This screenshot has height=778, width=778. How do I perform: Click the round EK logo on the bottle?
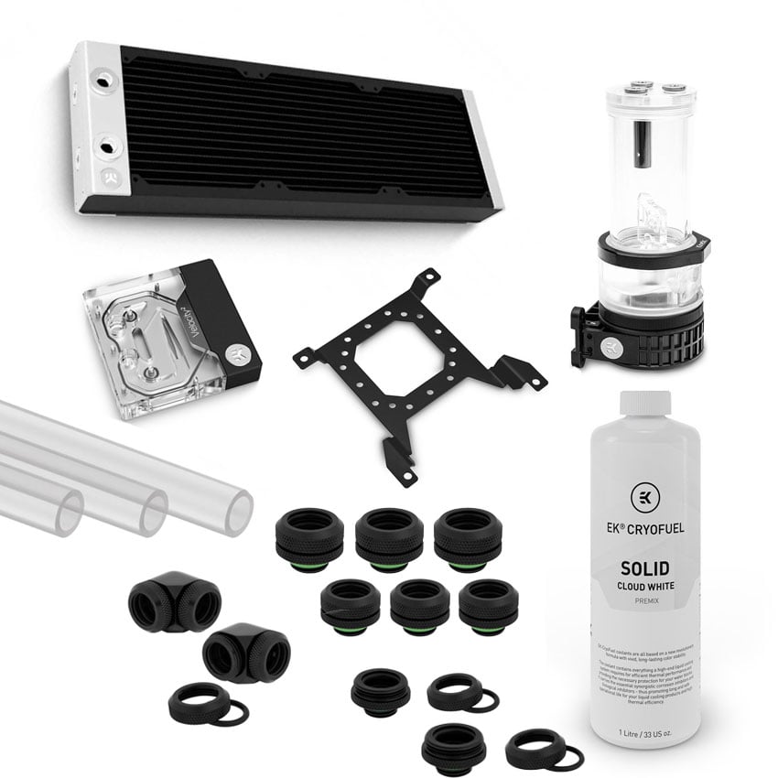tap(645, 498)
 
